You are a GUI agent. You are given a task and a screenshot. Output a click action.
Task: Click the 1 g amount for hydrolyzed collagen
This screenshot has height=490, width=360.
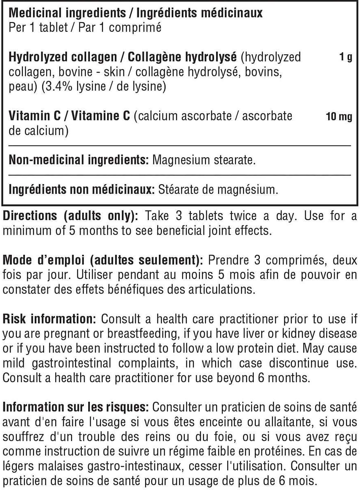345,57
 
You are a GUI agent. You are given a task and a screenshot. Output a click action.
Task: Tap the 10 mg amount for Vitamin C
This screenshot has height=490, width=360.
339,117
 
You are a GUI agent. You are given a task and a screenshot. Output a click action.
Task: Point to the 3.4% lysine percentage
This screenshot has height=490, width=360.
59,87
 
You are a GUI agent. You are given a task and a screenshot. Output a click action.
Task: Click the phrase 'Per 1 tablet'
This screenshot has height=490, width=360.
32,28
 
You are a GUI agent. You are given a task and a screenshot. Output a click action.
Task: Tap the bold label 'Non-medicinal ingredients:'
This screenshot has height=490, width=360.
78,160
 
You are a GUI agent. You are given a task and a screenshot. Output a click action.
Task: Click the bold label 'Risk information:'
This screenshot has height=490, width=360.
49,319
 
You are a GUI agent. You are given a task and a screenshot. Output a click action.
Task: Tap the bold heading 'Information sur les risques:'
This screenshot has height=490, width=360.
76,407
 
